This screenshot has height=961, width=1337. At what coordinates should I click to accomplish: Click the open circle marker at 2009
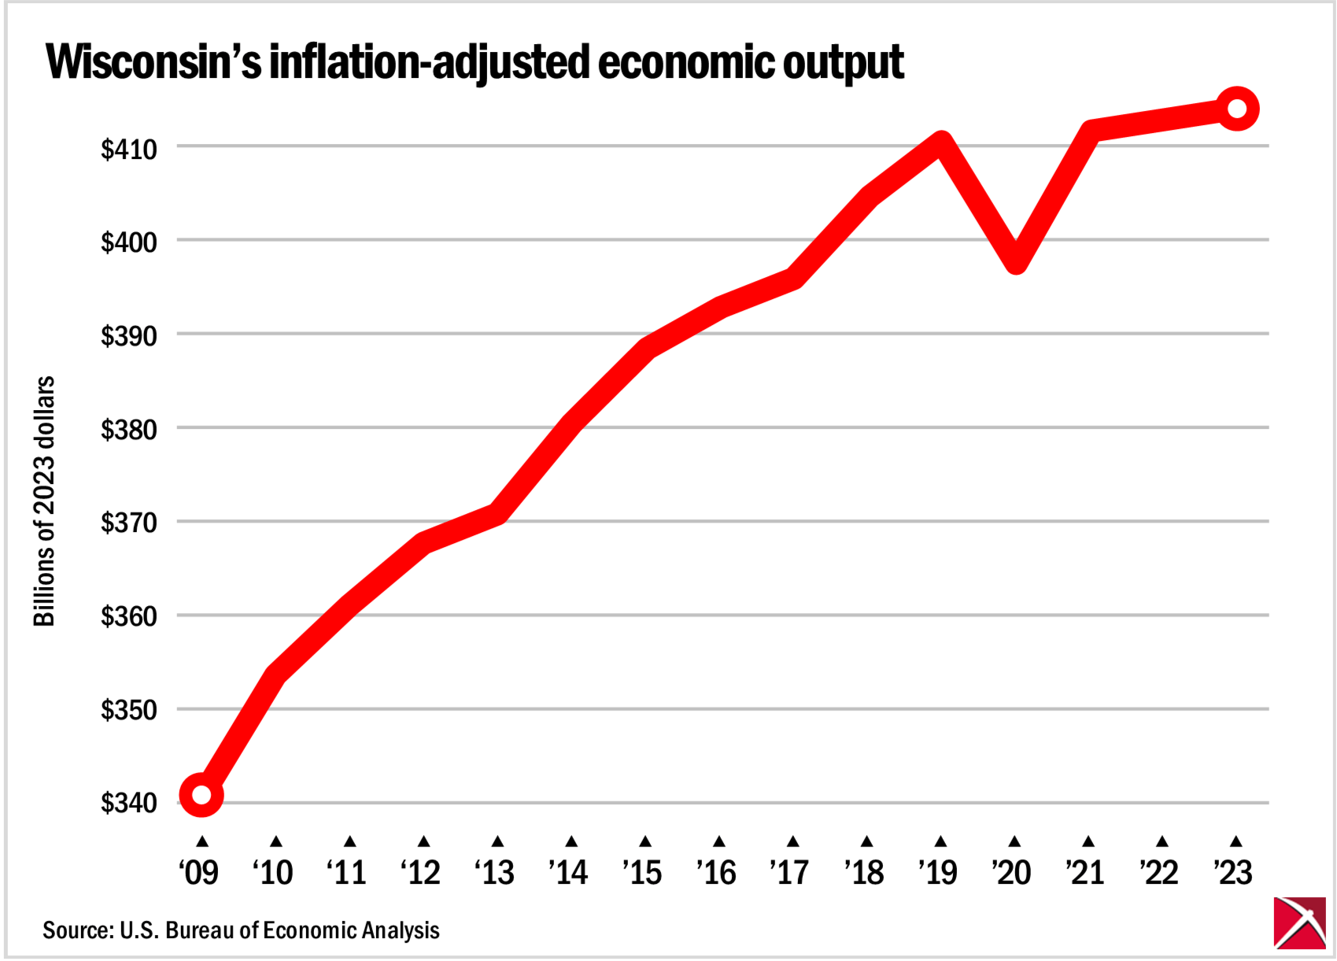[201, 794]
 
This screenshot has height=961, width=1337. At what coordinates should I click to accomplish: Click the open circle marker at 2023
[1236, 109]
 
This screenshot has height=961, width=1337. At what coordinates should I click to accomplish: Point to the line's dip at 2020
[1015, 257]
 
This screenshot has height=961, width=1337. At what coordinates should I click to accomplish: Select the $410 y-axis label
[128, 149]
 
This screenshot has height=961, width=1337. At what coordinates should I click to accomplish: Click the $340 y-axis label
[128, 802]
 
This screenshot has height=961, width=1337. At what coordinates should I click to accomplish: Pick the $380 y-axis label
[128, 429]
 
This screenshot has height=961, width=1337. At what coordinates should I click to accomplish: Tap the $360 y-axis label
[128, 615]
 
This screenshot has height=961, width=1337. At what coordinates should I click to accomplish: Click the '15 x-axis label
[642, 872]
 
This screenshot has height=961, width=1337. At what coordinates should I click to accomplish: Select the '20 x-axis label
[1011, 872]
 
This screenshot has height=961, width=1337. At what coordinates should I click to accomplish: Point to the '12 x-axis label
[420, 872]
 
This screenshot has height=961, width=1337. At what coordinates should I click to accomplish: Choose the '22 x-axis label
[1159, 872]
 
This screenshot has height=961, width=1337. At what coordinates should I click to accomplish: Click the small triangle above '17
[793, 841]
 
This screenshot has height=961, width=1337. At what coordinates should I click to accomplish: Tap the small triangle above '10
[275, 841]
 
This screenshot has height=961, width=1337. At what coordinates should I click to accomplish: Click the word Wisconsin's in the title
[153, 62]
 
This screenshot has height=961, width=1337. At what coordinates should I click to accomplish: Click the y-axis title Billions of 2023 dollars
[44, 501]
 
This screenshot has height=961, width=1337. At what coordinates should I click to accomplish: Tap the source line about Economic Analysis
[241, 930]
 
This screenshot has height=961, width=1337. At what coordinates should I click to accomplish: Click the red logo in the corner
[1299, 922]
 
